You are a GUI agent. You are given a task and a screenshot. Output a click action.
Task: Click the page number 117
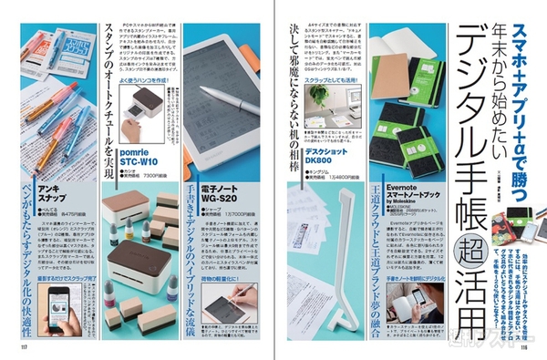tap(12, 346)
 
